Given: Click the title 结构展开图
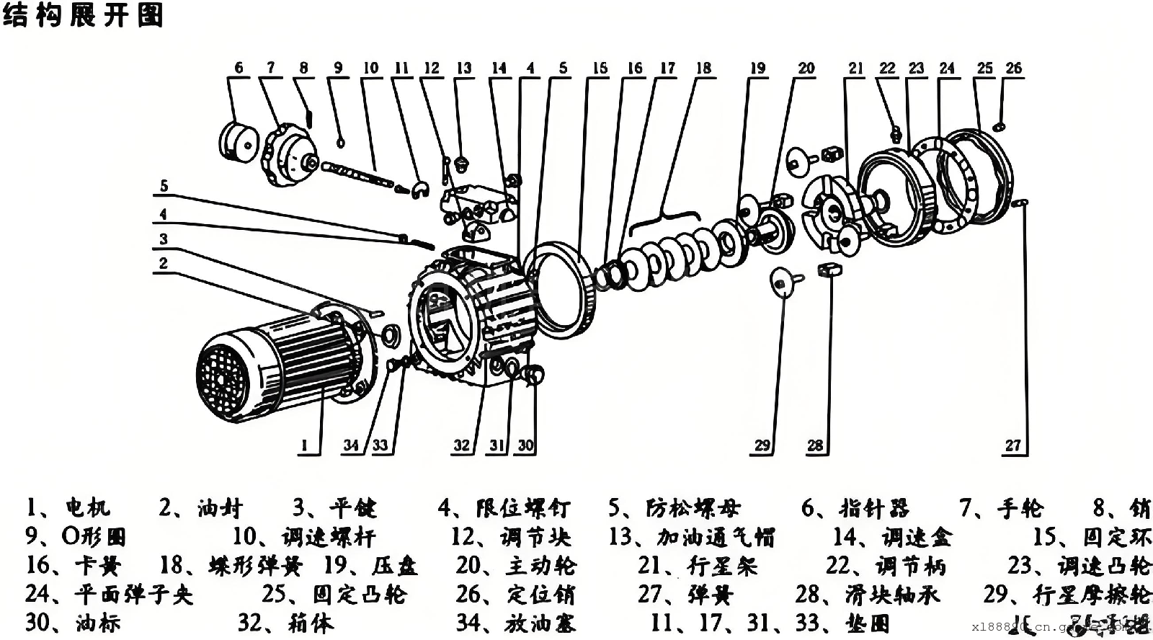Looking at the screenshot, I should click(x=83, y=15).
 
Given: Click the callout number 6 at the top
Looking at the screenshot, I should click(x=239, y=68).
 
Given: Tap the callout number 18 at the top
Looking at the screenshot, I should click(x=703, y=68).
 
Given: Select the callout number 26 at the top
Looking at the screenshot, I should click(x=1013, y=68).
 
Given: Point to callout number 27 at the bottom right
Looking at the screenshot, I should click(x=1012, y=445).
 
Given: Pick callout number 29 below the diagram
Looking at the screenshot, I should click(x=762, y=445).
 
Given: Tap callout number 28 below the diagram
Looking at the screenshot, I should click(x=814, y=445).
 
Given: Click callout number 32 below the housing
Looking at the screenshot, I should click(x=461, y=445).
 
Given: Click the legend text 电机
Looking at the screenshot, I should click(x=88, y=508).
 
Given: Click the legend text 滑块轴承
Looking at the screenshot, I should click(x=893, y=595).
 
